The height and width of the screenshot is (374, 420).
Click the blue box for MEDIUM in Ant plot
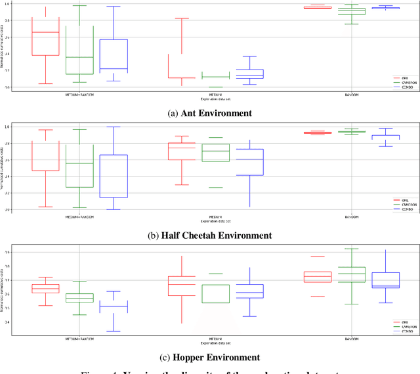tap(249, 74)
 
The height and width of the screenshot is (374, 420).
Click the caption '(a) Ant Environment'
tap(210, 113)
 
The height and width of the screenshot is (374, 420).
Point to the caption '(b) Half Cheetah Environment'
tap(210, 235)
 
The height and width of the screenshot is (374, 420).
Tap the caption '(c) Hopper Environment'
tap(210, 357)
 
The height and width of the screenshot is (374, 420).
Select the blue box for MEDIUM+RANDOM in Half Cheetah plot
tap(113, 176)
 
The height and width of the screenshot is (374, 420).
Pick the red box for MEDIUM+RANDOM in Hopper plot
tap(45, 289)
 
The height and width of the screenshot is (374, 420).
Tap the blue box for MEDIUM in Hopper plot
tap(249, 291)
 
